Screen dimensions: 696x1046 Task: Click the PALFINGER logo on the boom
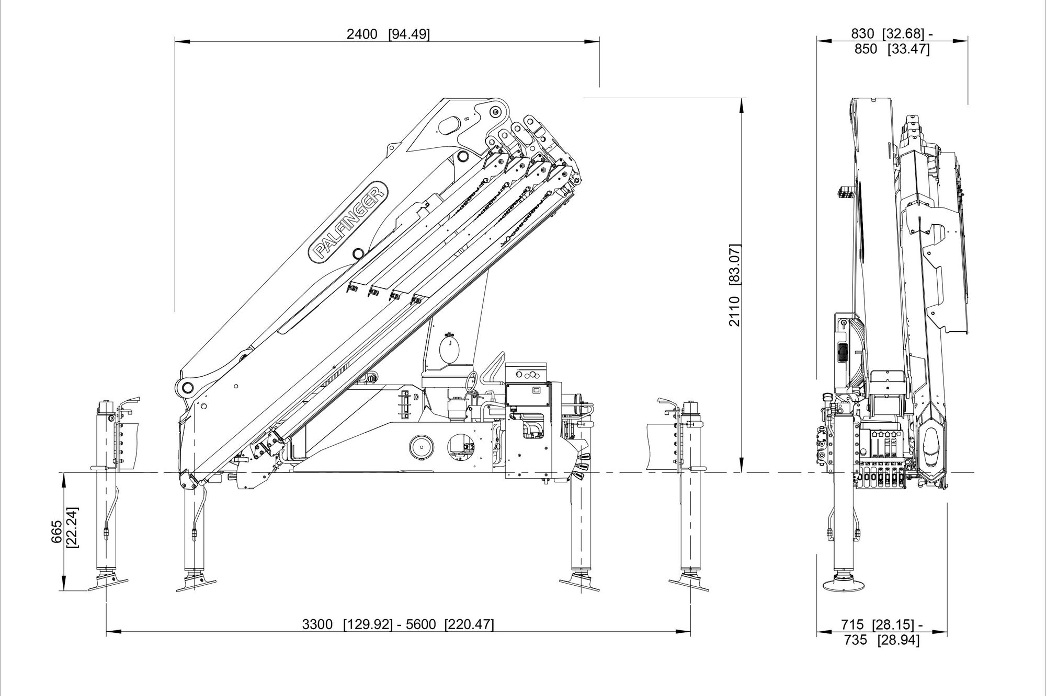pyautogui.click(x=350, y=221)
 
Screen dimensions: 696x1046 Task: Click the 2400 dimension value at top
pyautogui.click(x=361, y=34)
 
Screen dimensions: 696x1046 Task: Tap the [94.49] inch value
pyautogui.click(x=409, y=34)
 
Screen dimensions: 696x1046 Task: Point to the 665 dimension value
pyautogui.click(x=57, y=531)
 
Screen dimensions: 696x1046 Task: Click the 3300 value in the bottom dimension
pyautogui.click(x=317, y=624)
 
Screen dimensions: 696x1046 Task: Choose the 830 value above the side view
pyautogui.click(x=862, y=34)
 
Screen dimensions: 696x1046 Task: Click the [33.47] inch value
pyautogui.click(x=908, y=50)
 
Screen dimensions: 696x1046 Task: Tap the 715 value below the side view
pyautogui.click(x=852, y=624)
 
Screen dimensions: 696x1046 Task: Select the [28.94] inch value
pyautogui.click(x=899, y=640)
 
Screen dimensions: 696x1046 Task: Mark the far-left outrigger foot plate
pyautogui.click(x=109, y=583)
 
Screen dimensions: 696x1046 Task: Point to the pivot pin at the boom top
pyautogui.click(x=495, y=111)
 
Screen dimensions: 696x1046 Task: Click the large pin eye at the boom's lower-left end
pyautogui.click(x=186, y=387)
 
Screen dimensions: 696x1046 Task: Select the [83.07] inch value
pyautogui.click(x=735, y=264)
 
